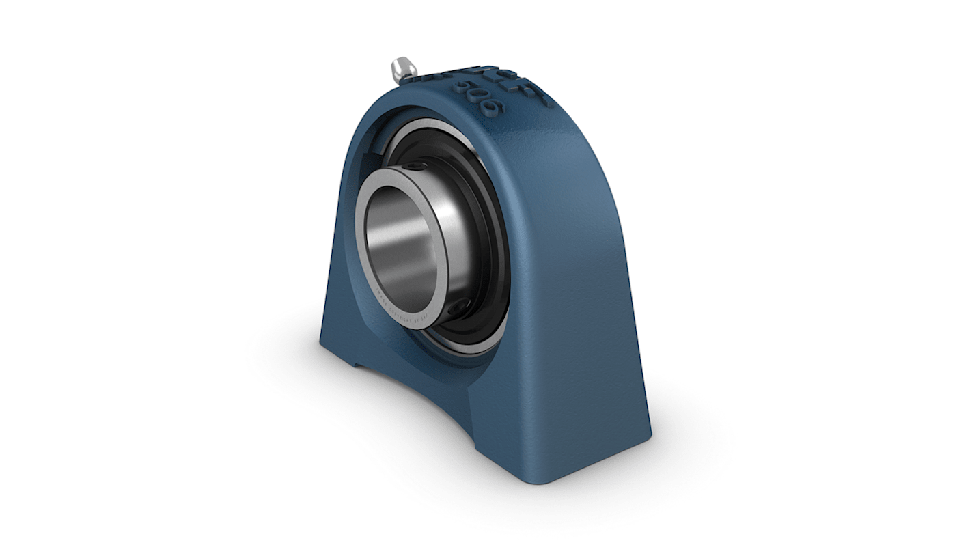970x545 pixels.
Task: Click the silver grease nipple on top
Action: [400, 68]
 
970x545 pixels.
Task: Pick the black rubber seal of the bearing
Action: [492, 260]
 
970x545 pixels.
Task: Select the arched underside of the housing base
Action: [424, 403]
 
